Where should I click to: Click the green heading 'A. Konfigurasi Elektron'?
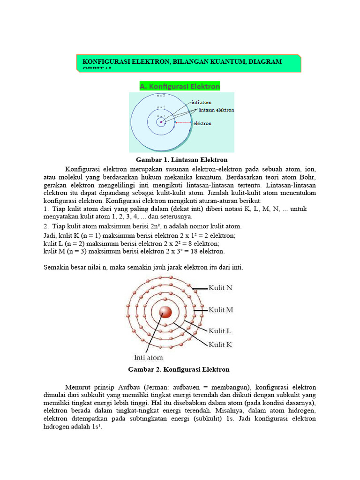point(180,86)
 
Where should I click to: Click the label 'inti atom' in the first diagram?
point(201,102)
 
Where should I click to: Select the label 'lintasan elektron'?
point(216,110)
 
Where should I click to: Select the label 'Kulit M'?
point(221,310)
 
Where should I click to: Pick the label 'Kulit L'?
point(220,330)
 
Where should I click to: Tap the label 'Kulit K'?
point(220,345)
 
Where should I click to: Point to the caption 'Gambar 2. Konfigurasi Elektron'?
point(179,369)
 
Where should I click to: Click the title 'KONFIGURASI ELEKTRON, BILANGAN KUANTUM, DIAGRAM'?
point(182,61)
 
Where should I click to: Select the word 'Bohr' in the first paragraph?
point(307,177)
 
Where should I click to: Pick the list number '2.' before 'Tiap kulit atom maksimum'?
point(45,226)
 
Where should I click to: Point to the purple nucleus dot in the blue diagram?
point(161,122)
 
